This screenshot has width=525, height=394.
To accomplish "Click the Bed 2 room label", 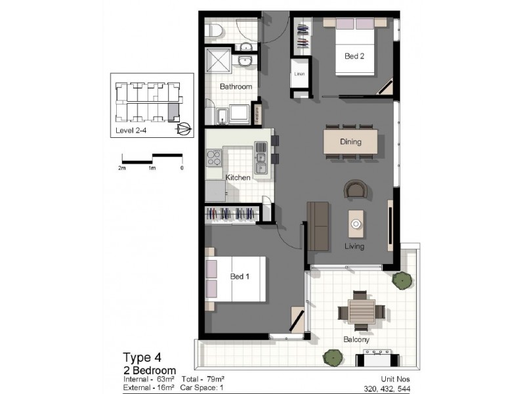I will (x=354, y=56).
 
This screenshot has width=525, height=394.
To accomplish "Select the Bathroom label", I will (x=236, y=87).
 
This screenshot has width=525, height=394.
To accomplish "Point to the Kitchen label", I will (x=238, y=178).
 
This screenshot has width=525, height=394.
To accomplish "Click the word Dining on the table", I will (x=351, y=142).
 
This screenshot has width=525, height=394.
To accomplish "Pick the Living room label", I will (x=355, y=247).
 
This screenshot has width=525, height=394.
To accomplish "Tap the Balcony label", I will (x=356, y=340).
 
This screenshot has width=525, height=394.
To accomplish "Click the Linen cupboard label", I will (x=299, y=74).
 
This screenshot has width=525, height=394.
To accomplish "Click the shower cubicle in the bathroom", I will (x=220, y=61).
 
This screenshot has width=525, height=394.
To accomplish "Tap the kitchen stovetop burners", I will (x=215, y=158).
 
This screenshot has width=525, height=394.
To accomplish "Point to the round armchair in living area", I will (x=356, y=189).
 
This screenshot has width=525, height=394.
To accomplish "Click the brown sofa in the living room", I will (x=318, y=226).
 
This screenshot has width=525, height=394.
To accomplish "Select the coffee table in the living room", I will (x=356, y=223).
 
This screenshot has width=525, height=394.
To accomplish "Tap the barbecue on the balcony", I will (x=377, y=359).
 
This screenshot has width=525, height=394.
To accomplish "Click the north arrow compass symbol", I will (x=184, y=128).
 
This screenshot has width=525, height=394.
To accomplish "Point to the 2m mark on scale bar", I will (x=122, y=168).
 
